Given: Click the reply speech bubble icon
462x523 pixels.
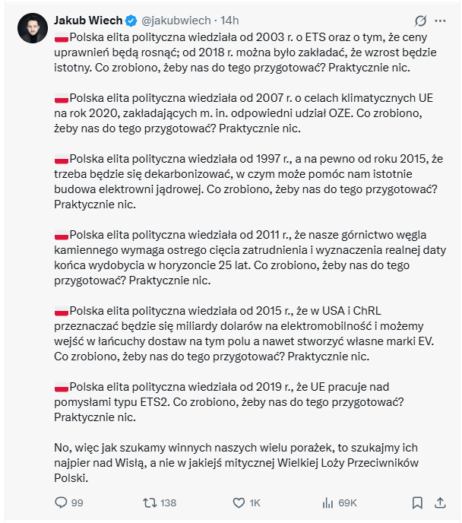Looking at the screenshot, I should point(62,502).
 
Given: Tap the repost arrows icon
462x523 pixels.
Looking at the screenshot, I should point(150,502).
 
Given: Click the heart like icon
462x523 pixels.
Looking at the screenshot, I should point(239,502).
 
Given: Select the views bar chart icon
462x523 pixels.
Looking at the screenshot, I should point(328,502).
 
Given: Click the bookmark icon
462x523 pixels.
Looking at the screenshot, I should point(417,502).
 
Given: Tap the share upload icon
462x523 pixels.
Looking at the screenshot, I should point(441,502).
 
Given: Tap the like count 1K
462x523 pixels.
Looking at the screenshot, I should point(255,502).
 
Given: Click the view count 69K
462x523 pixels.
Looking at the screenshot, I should point(347,502).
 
